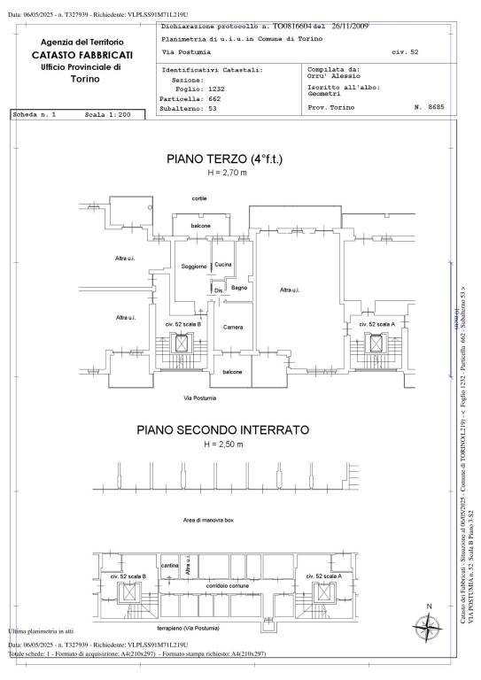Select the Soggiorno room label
click(193, 267)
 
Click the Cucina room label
click(223, 265)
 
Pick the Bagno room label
click(238, 288)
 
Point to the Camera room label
click(233, 328)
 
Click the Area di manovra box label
click(208, 521)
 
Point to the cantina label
click(170, 565)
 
